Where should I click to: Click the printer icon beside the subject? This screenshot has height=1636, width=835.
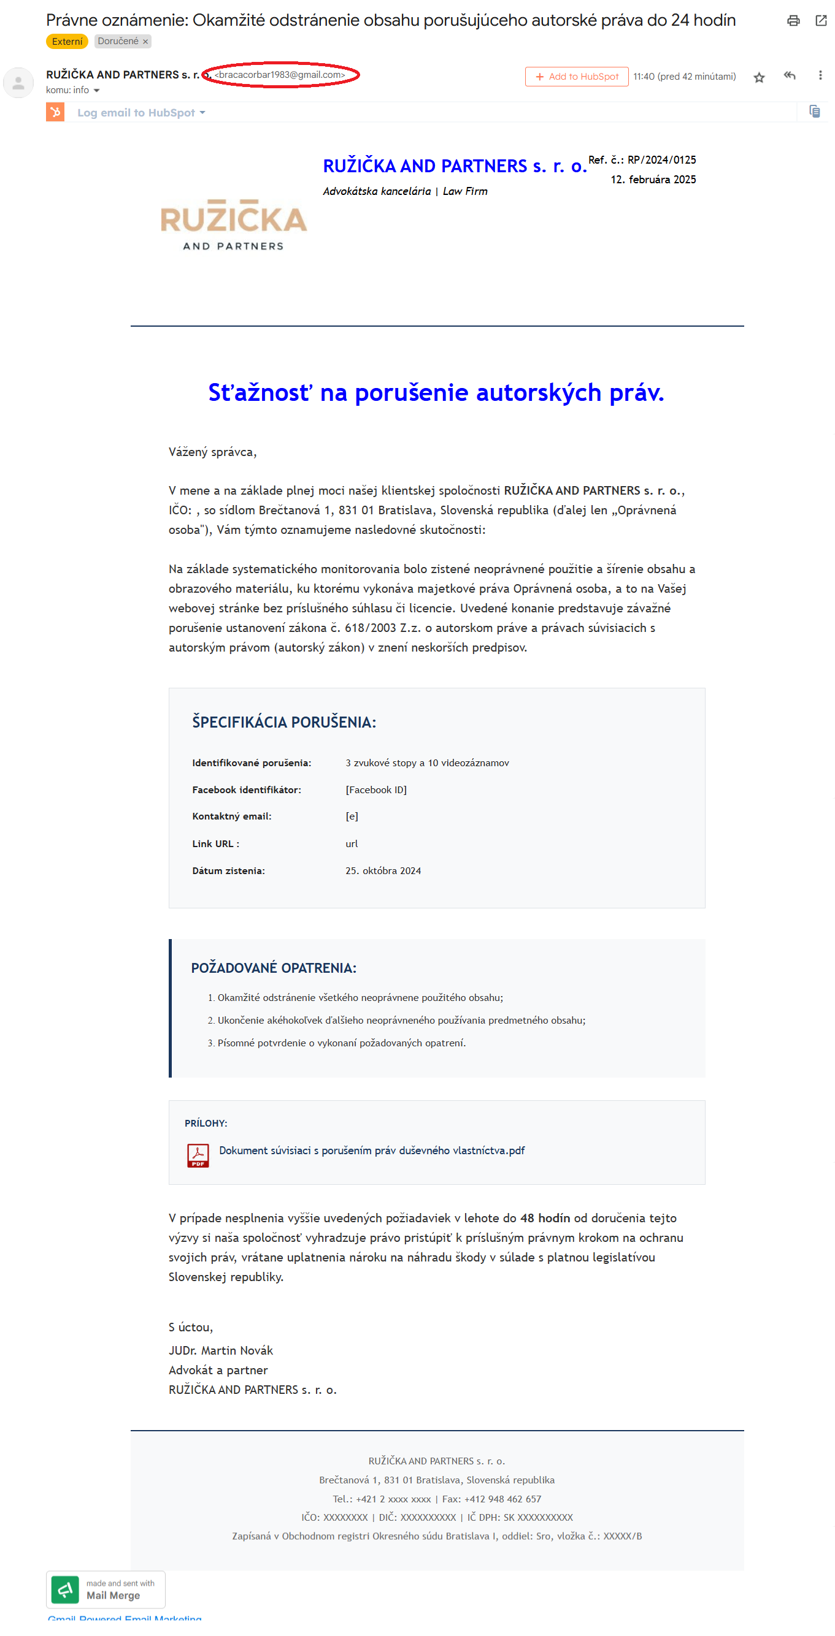tap(793, 21)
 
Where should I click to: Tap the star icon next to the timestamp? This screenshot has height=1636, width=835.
tap(759, 77)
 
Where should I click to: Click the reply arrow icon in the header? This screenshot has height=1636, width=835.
tap(789, 75)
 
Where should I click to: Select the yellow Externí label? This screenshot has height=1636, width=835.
tap(67, 41)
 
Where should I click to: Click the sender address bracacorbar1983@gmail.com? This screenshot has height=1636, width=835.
tap(280, 75)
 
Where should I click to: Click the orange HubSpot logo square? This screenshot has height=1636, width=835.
tap(55, 112)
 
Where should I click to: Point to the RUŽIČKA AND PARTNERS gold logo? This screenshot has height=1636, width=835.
tap(233, 224)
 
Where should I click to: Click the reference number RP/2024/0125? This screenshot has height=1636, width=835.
tap(661, 160)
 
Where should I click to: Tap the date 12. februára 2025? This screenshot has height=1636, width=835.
tap(653, 180)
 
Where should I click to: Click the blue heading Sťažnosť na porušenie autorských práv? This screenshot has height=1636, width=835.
tap(436, 392)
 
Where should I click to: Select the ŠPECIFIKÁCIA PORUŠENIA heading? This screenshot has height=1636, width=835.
tap(283, 722)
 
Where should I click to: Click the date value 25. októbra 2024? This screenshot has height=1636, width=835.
tap(383, 870)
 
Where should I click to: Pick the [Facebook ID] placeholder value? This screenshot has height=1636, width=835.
tap(375, 789)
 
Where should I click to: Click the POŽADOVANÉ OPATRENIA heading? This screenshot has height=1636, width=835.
tap(273, 968)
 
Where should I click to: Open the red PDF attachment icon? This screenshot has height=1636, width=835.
tap(198, 1155)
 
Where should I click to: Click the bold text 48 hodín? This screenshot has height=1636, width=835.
tap(545, 1218)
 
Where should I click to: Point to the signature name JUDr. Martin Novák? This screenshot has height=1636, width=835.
tap(220, 1350)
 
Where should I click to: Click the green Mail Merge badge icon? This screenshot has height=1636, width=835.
tap(65, 1589)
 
